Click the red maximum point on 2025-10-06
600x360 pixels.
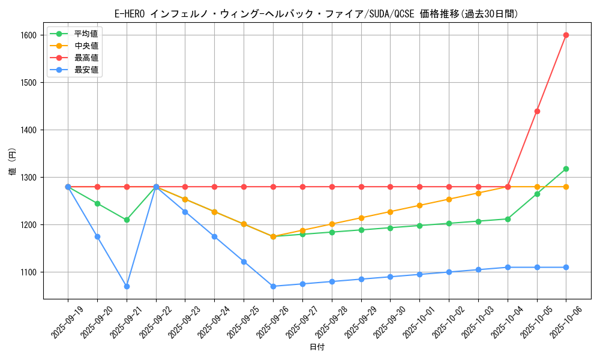coord(566,35)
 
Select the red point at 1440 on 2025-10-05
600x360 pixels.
coord(537,111)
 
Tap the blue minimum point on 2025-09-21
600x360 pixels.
coord(127,286)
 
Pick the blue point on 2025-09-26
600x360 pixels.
coord(273,286)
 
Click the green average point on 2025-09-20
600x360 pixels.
coord(97,203)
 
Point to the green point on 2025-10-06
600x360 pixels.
coord(566,169)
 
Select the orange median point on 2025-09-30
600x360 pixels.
coord(390,212)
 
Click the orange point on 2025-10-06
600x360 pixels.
coord(566,187)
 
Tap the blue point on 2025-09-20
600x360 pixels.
coord(97,236)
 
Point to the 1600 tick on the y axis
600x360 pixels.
coord(28,35)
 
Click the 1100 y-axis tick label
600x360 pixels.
coord(28,272)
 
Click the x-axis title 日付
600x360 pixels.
coord(317,347)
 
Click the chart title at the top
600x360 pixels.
coord(317,14)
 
